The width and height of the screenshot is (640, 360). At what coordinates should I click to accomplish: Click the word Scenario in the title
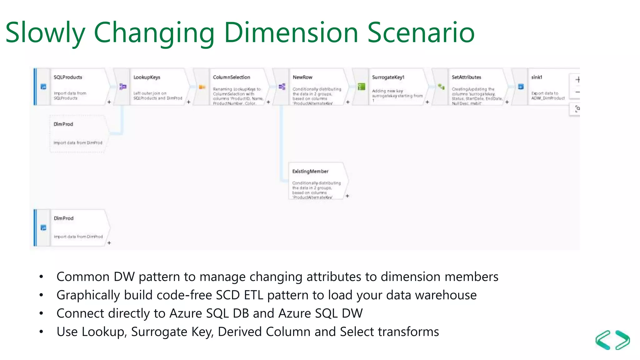[x=421, y=33]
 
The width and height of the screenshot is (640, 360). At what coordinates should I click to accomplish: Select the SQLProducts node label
[x=68, y=77]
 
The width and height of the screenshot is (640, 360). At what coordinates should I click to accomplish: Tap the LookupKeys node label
[x=147, y=77]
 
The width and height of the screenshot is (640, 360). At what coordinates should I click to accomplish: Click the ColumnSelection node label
[x=231, y=77]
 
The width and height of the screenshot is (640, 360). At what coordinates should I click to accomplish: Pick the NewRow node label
[x=302, y=77]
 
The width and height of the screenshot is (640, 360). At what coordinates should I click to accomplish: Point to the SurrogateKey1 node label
[x=388, y=77]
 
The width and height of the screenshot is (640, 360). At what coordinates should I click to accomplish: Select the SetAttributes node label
[x=466, y=77]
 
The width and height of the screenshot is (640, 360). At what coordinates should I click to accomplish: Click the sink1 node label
[x=537, y=77]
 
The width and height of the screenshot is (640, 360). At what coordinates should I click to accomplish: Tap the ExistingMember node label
[x=310, y=171]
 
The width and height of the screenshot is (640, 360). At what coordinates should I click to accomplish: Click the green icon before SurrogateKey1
[x=361, y=87]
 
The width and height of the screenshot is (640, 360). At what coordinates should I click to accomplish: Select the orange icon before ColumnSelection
[x=202, y=87]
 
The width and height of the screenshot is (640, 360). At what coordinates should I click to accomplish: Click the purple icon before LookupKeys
[x=123, y=87]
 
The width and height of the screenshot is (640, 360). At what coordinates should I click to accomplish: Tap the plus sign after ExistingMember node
[x=347, y=196]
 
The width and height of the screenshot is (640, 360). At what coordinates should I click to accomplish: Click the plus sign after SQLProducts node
[x=109, y=102]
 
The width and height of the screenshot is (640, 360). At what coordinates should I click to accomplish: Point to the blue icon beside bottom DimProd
[x=43, y=227]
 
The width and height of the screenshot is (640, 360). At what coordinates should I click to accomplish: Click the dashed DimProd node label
[x=63, y=124]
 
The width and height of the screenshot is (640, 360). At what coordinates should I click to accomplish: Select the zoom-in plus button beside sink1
[x=577, y=80]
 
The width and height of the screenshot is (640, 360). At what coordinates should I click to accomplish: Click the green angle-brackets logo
[x=612, y=340]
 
